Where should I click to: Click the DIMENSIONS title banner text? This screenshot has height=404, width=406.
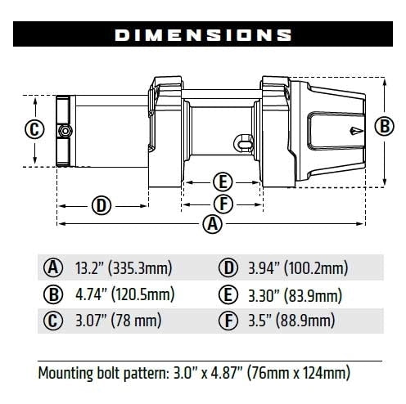click(203, 35)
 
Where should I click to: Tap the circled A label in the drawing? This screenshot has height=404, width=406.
click(213, 224)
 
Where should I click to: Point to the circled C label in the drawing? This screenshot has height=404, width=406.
click(34, 129)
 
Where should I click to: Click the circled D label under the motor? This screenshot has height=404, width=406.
click(101, 204)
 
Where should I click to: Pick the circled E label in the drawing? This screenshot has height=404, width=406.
click(222, 182)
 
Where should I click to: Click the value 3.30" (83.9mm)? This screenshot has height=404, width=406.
click(293, 294)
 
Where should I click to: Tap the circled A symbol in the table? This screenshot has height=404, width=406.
click(55, 267)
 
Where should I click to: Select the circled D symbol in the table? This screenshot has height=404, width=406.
click(228, 267)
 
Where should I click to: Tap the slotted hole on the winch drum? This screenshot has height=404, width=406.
click(246, 141)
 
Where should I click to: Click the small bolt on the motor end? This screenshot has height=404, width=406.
click(62, 131)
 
